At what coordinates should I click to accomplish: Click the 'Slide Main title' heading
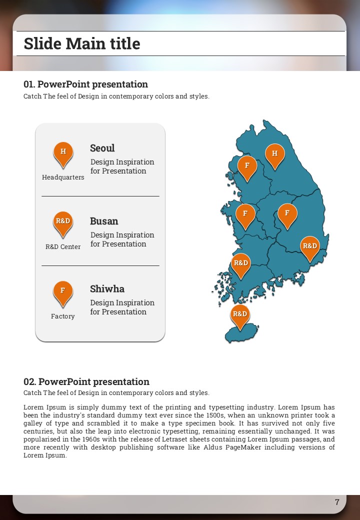click(x=82, y=44)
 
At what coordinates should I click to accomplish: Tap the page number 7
click(x=337, y=502)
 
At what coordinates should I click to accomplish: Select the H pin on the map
click(x=274, y=154)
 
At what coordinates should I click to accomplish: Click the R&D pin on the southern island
click(x=240, y=315)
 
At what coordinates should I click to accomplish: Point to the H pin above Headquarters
click(x=63, y=152)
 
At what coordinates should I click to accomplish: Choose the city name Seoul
click(x=102, y=148)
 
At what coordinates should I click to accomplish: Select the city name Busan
click(x=104, y=221)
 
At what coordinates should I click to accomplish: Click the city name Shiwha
click(x=107, y=289)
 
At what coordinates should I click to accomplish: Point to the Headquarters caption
click(x=63, y=177)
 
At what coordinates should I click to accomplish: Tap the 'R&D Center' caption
click(x=63, y=247)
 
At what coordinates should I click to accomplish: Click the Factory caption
click(x=63, y=316)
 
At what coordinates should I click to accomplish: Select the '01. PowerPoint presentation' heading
click(x=85, y=84)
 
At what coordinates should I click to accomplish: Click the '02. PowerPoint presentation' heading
click(x=86, y=382)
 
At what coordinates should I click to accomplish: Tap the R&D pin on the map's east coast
click(x=310, y=246)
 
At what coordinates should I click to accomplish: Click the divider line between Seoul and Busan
click(x=100, y=196)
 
